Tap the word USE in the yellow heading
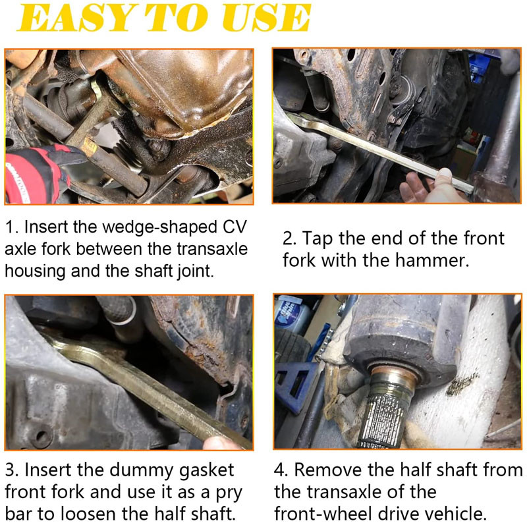267,18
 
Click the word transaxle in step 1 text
211,250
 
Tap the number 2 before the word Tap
289,238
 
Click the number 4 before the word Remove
281,470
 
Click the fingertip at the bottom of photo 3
219,443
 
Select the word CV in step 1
235,227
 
